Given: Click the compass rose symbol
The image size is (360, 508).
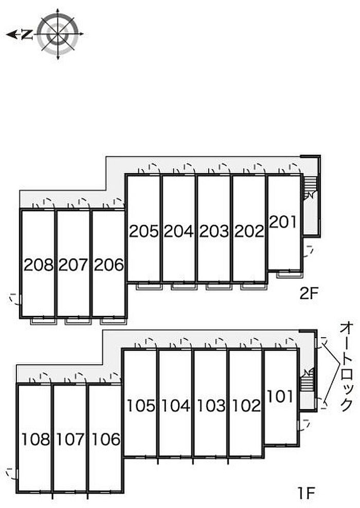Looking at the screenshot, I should [x=59, y=34].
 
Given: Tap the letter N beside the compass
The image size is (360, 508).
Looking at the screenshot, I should [x=28, y=34].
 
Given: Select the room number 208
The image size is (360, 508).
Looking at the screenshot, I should [x=39, y=265].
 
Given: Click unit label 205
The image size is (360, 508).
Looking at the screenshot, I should [x=143, y=231].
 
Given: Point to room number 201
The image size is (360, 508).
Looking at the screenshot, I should [x=283, y=222].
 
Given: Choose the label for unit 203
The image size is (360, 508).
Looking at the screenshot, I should [x=213, y=231].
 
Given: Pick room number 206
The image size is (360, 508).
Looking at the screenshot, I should [x=109, y=265].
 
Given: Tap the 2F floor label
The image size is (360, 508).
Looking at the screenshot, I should [x=310, y=294].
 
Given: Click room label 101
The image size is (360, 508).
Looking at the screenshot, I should [x=280, y=396].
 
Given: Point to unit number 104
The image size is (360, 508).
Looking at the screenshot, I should [x=175, y=406].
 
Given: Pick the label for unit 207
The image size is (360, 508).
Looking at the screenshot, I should [x=74, y=265].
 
